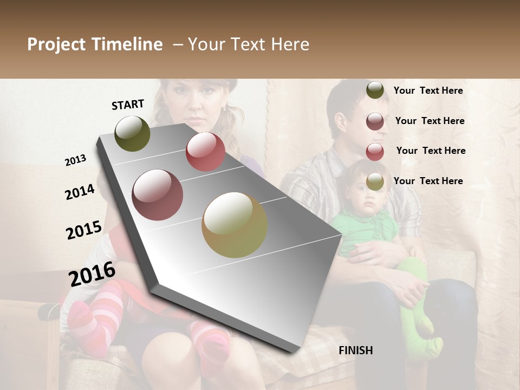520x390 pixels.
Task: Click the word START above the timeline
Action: pos(128,105)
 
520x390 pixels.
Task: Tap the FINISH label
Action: pos(355,350)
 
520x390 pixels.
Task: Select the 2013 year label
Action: pos(76,160)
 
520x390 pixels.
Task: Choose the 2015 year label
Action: pos(84,230)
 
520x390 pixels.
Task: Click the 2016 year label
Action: pos(92,274)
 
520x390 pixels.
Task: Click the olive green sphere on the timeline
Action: pos(133,133)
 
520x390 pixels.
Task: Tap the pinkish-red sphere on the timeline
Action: pos(205,152)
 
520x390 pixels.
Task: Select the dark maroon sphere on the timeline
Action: pos(158,195)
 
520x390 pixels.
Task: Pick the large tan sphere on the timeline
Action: pos(235,225)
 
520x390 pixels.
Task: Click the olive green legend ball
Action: pos(375,90)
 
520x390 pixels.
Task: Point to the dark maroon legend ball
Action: pos(375,121)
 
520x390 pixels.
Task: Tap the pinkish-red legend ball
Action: pos(375,152)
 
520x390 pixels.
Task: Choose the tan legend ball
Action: pos(375,182)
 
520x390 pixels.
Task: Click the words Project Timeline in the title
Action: pos(95,44)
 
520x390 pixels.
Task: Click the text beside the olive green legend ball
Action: pos(428,91)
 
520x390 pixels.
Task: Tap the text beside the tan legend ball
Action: pos(428,181)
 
